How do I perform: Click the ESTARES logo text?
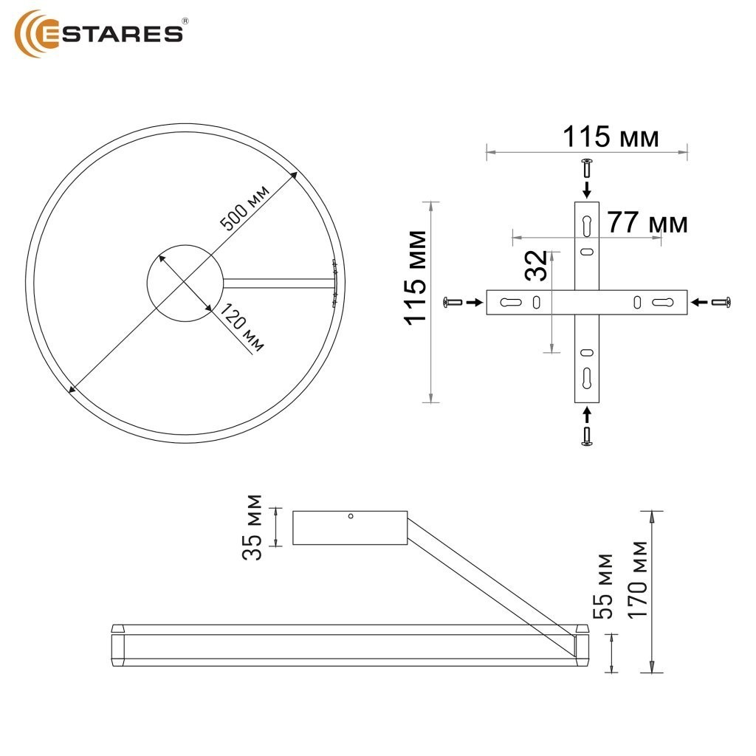coord(113,34)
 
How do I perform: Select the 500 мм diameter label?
coord(244,207)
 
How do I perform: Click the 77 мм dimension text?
coord(647,223)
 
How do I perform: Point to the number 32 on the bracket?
coord(537,265)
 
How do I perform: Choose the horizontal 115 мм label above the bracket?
coord(611,137)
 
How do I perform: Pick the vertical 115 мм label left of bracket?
coord(416,278)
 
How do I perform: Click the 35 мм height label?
coord(252,527)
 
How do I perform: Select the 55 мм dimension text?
coord(602,586)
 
